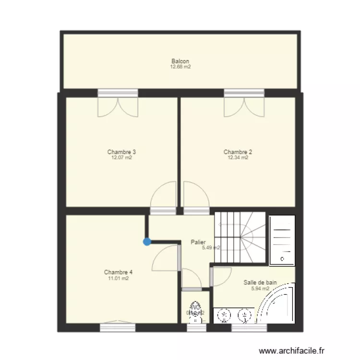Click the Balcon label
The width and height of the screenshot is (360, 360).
click(x=180, y=61)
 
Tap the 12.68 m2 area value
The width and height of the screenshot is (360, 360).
click(x=180, y=67)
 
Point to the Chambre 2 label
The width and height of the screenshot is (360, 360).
click(x=238, y=152)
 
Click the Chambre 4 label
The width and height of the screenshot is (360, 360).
click(x=118, y=272)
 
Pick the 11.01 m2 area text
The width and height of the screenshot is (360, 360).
click(x=118, y=278)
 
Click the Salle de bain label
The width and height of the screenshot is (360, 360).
click(x=260, y=283)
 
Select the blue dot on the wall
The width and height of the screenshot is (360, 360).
click(x=146, y=242)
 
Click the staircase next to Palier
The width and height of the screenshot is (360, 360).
click(x=240, y=238)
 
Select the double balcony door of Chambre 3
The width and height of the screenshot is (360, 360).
click(x=118, y=107)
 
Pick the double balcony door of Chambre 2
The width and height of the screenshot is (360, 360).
click(x=244, y=107)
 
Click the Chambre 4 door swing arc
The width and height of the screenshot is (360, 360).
click(x=165, y=257)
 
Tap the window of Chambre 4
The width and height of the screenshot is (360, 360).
click(x=118, y=327)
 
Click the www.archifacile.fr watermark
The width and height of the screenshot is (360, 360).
click(x=291, y=351)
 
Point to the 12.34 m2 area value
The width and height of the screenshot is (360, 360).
click(x=238, y=157)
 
